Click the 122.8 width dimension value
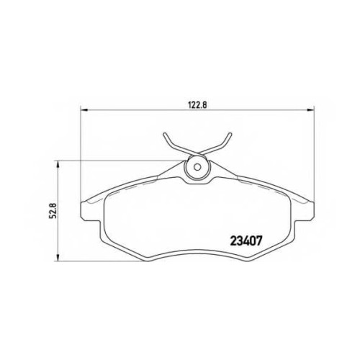197,105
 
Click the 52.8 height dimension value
53,210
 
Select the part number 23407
246,240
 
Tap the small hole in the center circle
197,167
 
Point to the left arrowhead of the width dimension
84,110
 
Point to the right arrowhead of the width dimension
310,110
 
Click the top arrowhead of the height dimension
57,164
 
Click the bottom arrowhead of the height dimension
57,258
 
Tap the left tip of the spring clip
164,134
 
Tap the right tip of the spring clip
230,134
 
